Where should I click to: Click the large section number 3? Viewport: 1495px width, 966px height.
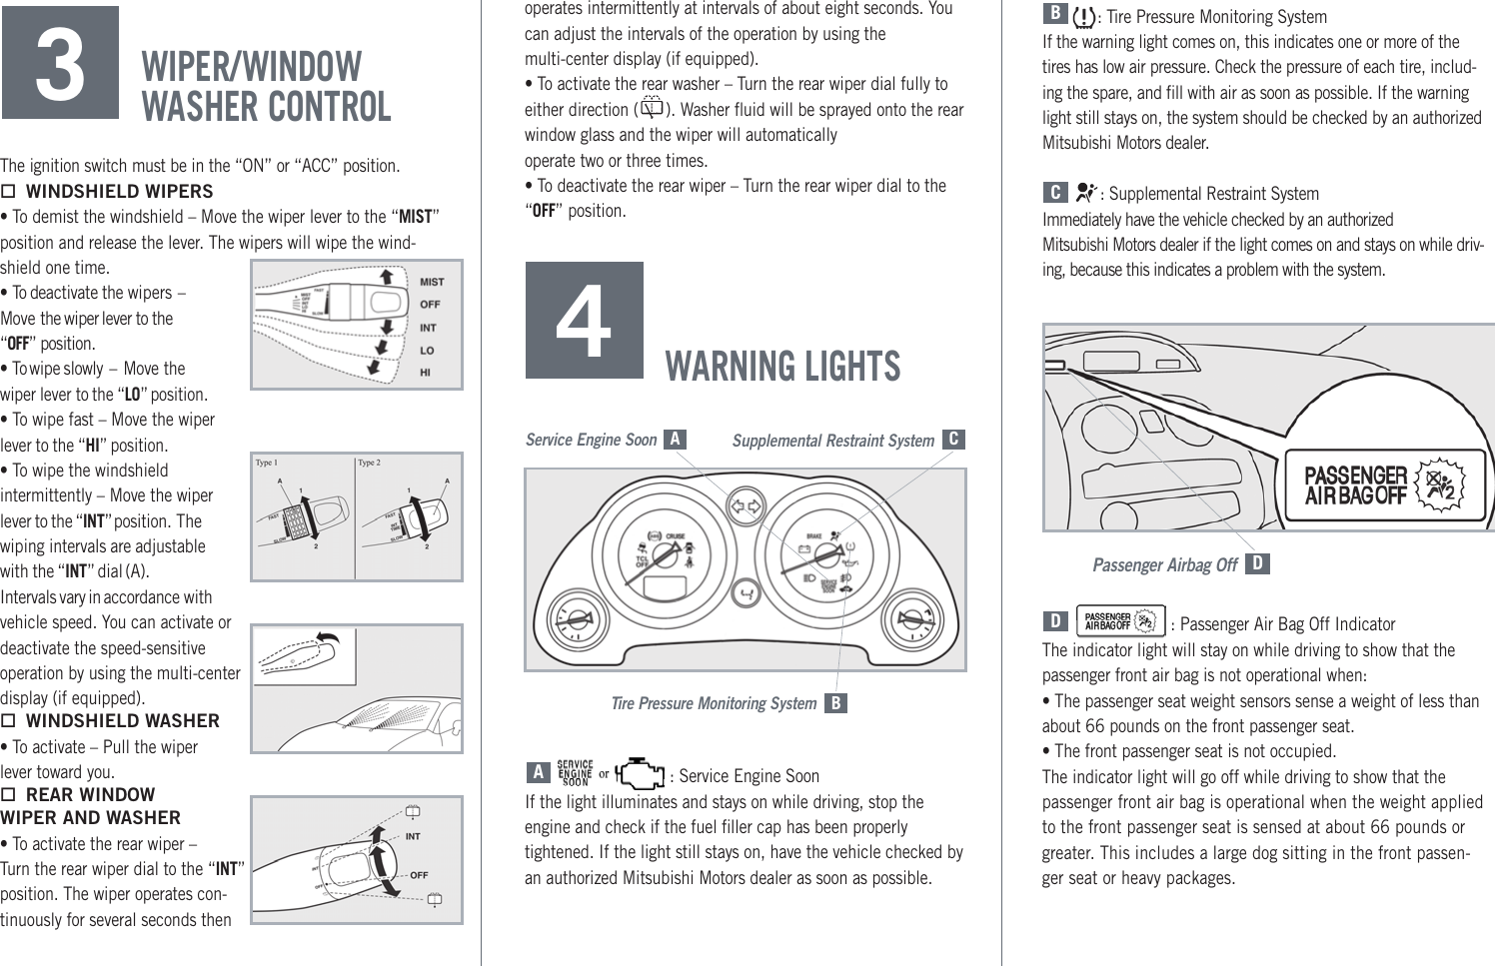pyautogui.click(x=60, y=65)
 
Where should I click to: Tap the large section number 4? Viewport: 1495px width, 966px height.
pyautogui.click(x=584, y=321)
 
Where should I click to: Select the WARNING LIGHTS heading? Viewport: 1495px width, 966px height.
pyautogui.click(x=782, y=367)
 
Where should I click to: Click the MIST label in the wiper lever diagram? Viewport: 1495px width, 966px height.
pyautogui.click(x=432, y=282)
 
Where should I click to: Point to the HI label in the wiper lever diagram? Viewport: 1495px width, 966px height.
pyautogui.click(x=426, y=373)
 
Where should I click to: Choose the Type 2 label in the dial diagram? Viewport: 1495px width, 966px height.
pyautogui.click(x=369, y=463)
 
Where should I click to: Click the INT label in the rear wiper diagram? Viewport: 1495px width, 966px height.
pyautogui.click(x=413, y=836)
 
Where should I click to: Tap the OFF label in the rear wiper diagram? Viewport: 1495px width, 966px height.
pyautogui.click(x=419, y=875)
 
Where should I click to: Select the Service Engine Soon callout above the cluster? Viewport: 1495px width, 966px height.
pyautogui.click(x=592, y=440)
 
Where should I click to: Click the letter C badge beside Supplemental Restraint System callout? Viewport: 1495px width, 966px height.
pyautogui.click(x=953, y=439)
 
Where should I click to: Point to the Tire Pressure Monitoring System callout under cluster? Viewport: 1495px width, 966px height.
pyautogui.click(x=714, y=703)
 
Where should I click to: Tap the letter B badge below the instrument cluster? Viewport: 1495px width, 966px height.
pyautogui.click(x=835, y=703)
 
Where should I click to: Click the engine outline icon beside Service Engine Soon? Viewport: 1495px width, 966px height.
pyautogui.click(x=640, y=774)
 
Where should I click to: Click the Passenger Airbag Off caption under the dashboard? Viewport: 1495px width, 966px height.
pyautogui.click(x=1164, y=565)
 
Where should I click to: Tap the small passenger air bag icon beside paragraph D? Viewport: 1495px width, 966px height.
pyautogui.click(x=1120, y=622)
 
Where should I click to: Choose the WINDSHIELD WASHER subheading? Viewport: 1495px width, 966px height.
pyautogui.click(x=122, y=721)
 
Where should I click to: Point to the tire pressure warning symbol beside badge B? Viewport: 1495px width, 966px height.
pyautogui.click(x=1083, y=16)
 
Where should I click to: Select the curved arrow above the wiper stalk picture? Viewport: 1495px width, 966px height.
pyautogui.click(x=327, y=639)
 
